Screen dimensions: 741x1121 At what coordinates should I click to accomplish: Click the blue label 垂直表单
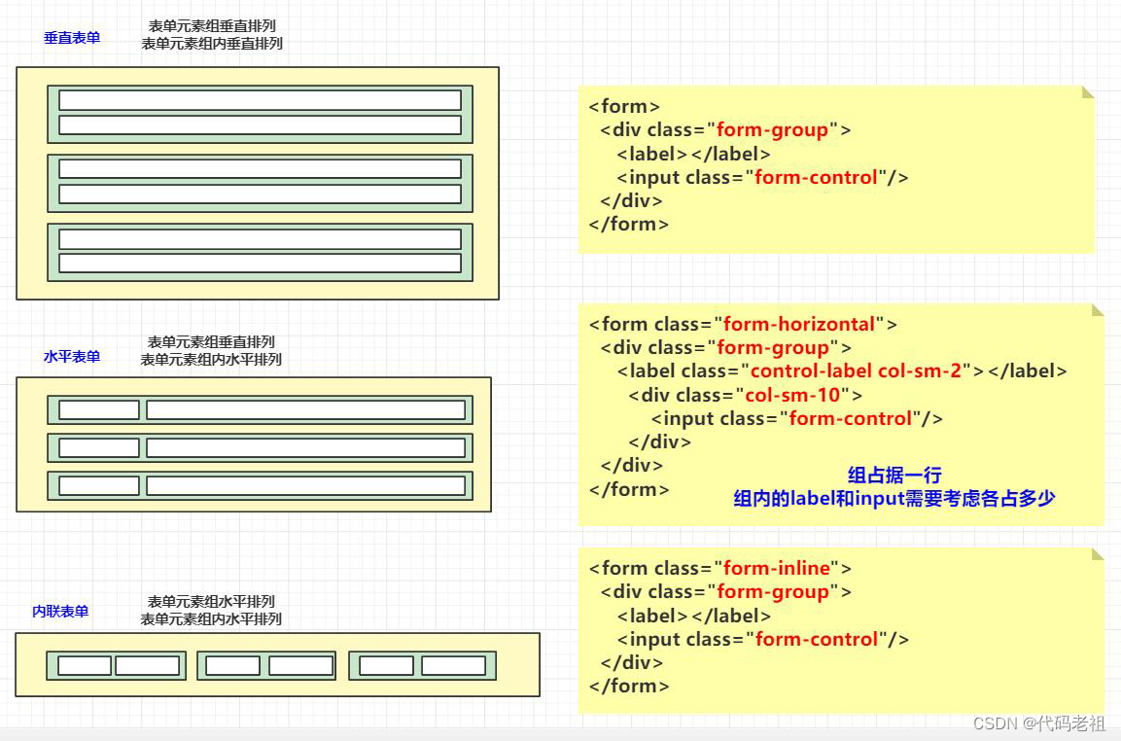(x=72, y=38)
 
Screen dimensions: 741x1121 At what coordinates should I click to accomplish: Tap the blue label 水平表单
(x=72, y=357)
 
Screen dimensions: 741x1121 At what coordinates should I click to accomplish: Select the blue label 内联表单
(x=60, y=612)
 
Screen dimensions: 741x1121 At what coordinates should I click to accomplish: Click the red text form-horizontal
(x=798, y=324)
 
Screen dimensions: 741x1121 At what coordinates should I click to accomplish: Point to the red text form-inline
(x=776, y=568)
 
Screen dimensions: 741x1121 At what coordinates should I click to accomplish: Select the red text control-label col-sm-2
(x=856, y=370)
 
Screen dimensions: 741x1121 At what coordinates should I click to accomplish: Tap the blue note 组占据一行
(x=894, y=476)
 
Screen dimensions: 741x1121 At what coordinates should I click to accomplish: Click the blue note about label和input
(x=894, y=499)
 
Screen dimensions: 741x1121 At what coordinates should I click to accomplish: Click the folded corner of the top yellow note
(x=1089, y=92)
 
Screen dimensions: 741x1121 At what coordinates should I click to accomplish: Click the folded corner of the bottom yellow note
(x=1098, y=554)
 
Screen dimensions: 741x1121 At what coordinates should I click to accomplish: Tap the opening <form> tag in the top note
(x=624, y=106)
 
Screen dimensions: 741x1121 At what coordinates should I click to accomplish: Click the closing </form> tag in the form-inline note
(x=629, y=686)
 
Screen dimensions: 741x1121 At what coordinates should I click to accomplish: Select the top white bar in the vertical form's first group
(x=260, y=100)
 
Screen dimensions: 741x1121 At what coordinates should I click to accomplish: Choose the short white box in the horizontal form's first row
(x=99, y=409)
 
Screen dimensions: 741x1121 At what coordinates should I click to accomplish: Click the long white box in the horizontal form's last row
(x=305, y=485)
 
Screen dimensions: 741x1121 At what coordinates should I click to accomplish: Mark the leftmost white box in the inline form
(x=85, y=666)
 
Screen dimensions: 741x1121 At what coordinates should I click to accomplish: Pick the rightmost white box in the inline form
(x=453, y=666)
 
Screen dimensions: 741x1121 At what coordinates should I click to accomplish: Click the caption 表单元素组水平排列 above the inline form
(x=211, y=601)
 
